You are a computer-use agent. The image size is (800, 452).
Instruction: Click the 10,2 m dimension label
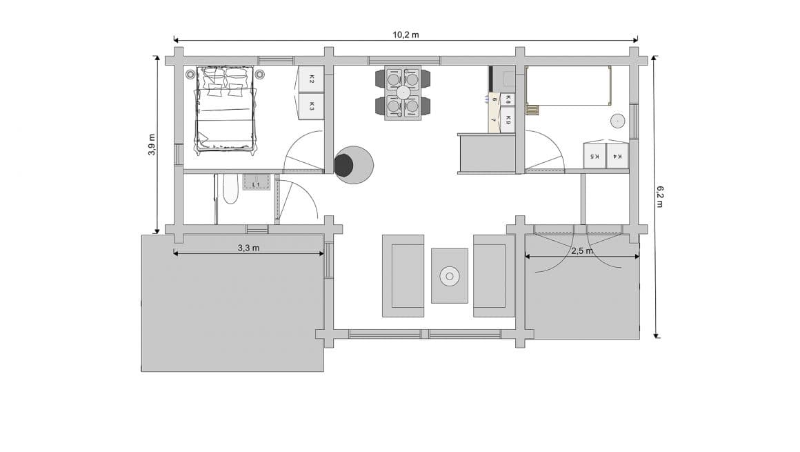pyautogui.click(x=406, y=35)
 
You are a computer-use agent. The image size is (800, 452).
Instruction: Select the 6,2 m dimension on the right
pyautogui.click(x=659, y=197)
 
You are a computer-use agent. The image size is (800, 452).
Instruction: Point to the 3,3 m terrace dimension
pyautogui.click(x=248, y=247)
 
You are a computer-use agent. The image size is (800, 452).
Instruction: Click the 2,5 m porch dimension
pyautogui.click(x=581, y=250)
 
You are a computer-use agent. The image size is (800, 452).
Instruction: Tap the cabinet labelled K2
pyautogui.click(x=311, y=79)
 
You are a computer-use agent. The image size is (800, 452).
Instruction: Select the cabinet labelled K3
pyautogui.click(x=311, y=106)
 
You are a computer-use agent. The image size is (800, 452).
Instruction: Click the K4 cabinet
pyautogui.click(x=618, y=156)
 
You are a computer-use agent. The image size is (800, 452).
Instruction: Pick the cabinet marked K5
pyautogui.click(x=594, y=156)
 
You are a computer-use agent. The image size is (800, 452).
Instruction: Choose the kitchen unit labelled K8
pyautogui.click(x=508, y=99)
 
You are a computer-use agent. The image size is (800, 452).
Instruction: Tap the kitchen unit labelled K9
pyautogui.click(x=508, y=120)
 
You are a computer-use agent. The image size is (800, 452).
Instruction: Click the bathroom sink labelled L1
pyautogui.click(x=256, y=183)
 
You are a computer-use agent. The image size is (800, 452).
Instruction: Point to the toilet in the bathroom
pyautogui.click(x=230, y=188)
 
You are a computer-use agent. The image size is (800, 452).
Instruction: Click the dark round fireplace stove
pyautogui.click(x=343, y=165)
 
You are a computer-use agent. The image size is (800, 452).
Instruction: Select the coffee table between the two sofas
pyautogui.click(x=450, y=275)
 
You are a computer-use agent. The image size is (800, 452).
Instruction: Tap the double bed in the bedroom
pyautogui.click(x=226, y=108)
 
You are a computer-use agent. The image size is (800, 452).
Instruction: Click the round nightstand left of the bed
pyautogui.click(x=190, y=74)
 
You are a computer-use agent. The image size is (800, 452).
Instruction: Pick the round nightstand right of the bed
pyautogui.click(x=260, y=74)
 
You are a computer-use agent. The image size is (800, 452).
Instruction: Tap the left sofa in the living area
pyautogui.click(x=403, y=275)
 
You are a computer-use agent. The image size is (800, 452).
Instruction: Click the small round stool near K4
pyautogui.click(x=617, y=121)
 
